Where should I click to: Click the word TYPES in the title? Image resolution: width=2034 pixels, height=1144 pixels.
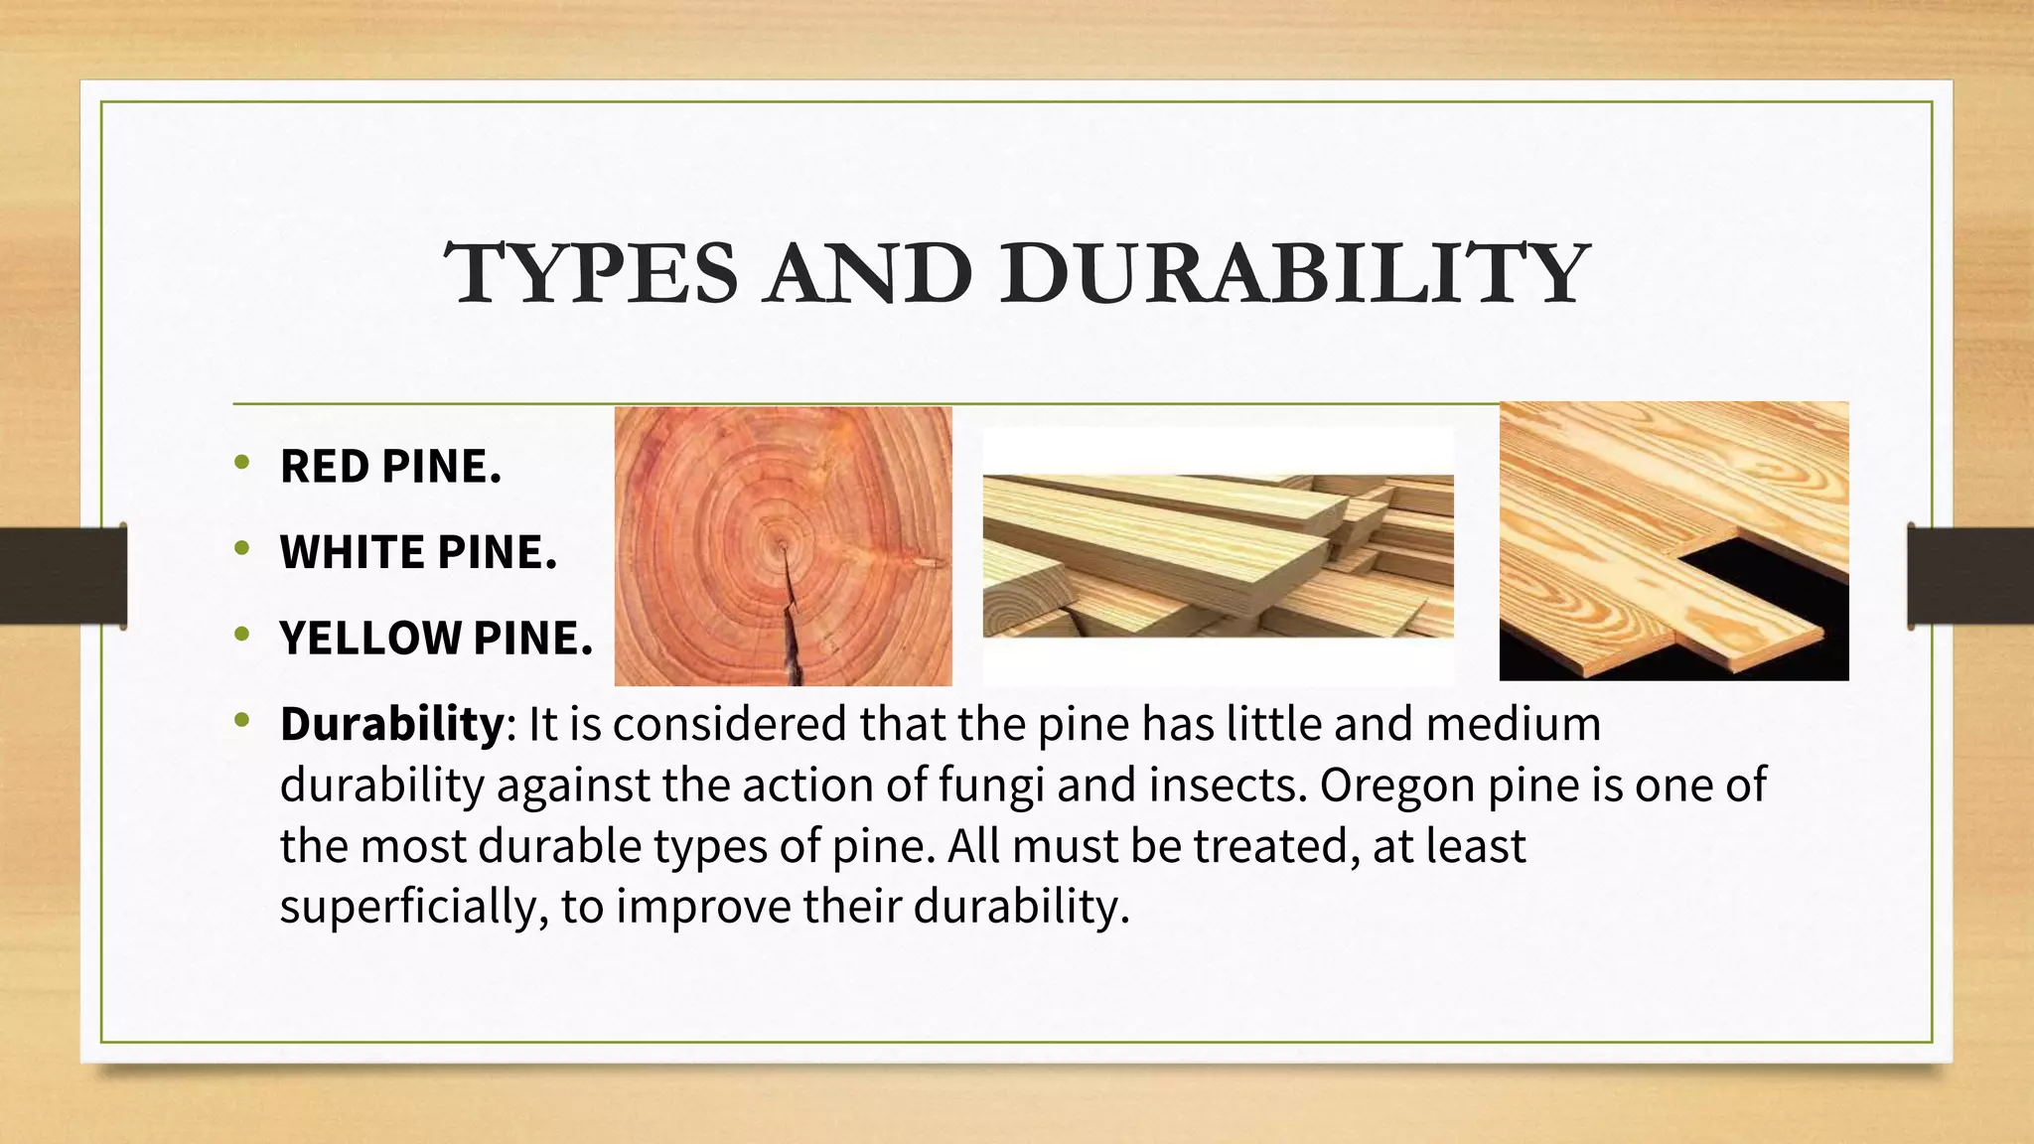592,274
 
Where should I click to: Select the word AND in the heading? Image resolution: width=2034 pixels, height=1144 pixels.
869,274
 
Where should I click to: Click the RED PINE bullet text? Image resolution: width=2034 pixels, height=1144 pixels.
390,467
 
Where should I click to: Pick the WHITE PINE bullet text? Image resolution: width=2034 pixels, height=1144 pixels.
418,552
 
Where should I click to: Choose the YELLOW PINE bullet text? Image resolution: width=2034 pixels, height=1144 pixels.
436,639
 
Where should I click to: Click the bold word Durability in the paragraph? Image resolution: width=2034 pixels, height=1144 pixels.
392,724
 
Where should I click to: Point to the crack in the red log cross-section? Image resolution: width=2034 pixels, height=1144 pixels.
791,626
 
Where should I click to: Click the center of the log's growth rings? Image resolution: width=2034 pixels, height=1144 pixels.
783,544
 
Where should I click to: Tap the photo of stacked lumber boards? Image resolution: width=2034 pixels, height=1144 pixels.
1218,556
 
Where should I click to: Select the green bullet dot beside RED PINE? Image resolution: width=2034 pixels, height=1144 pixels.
241,462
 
